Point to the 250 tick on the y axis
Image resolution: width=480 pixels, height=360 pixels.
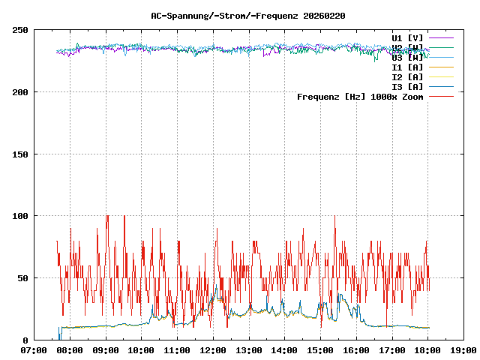20,30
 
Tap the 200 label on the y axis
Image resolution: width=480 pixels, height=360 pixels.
20,92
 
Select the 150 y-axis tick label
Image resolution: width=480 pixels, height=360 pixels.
20,154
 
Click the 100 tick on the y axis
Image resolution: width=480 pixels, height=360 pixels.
20,216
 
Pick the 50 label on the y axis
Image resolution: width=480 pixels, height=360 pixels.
22,278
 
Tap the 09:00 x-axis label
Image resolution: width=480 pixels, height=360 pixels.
106,350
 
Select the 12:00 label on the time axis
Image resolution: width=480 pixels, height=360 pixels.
213,350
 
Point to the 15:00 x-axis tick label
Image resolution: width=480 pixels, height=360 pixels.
320,350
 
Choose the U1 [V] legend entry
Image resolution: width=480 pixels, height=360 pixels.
407,37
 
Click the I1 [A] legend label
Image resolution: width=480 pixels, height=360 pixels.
407,67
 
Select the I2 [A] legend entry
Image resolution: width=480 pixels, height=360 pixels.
407,76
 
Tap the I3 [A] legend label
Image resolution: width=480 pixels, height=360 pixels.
407,86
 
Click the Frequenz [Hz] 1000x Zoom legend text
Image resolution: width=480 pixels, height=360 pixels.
360,96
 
